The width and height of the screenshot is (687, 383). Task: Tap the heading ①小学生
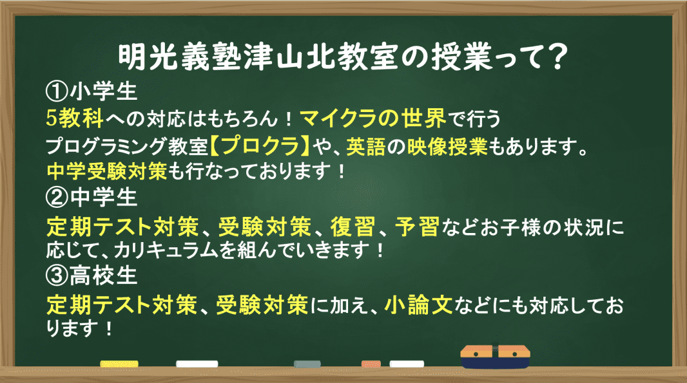click(91, 91)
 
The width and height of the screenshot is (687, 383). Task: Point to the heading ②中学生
click(91, 197)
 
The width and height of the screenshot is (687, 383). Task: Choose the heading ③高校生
click(91, 276)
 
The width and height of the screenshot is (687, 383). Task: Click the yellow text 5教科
click(75, 118)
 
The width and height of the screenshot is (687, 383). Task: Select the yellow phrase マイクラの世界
click(373, 118)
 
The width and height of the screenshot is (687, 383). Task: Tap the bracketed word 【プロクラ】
click(260, 145)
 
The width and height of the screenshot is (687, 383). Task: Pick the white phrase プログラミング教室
click(127, 146)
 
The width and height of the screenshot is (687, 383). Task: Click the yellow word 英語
click(366, 146)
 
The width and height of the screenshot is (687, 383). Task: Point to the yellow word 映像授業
click(447, 146)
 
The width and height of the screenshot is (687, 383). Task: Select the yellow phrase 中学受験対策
click(106, 171)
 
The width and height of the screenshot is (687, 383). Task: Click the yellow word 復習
click(353, 227)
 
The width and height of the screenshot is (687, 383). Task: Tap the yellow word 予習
click(417, 227)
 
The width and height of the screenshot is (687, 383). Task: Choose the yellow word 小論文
click(418, 304)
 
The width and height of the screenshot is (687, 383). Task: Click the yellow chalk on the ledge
click(119, 364)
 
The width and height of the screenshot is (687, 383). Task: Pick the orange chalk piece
click(371, 364)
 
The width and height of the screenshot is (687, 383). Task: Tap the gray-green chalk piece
click(307, 364)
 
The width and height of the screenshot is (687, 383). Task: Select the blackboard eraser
click(495, 356)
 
